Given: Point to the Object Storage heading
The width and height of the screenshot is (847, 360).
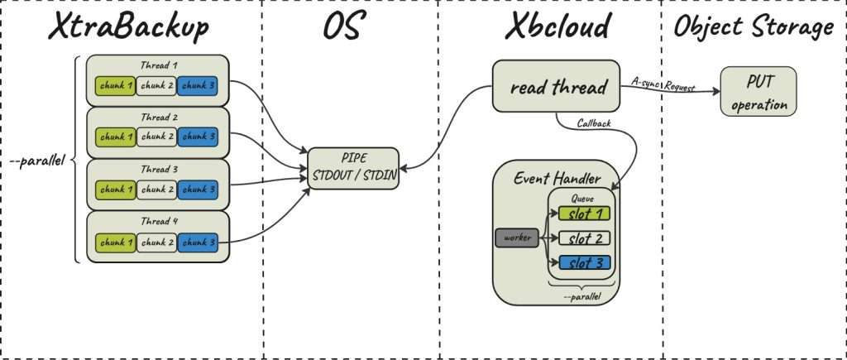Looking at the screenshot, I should click(x=753, y=26).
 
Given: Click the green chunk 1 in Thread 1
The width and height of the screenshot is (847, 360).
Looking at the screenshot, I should click(x=113, y=84).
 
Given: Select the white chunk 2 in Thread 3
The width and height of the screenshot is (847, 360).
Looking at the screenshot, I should click(x=156, y=190).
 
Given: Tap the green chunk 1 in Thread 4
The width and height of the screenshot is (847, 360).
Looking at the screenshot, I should click(x=113, y=242).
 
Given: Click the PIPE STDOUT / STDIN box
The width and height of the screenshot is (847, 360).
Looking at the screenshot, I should click(x=352, y=168).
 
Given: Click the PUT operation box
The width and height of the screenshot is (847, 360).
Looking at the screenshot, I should click(x=758, y=93).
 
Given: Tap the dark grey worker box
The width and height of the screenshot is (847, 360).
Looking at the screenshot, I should click(x=516, y=238).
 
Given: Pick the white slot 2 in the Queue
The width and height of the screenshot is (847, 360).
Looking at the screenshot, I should click(x=584, y=238).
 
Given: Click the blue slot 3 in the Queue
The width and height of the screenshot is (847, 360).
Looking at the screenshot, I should click(x=584, y=263).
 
